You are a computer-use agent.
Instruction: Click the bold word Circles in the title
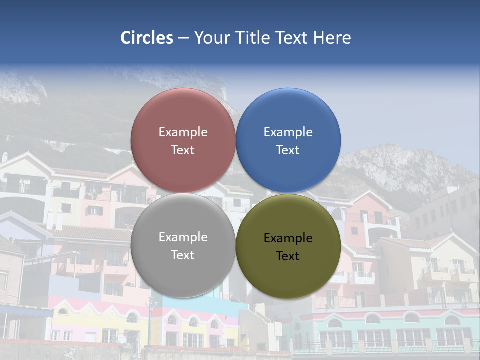146,38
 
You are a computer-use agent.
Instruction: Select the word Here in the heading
332,38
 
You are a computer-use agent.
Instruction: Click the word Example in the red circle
183,132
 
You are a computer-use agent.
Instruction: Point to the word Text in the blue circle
288,150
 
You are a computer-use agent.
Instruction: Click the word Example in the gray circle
183,237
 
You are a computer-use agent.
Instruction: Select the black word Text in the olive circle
288,256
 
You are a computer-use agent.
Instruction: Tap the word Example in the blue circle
288,132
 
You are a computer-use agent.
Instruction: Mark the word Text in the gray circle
183,255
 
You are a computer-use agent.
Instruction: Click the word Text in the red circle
183,150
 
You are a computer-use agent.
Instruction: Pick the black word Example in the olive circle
288,238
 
